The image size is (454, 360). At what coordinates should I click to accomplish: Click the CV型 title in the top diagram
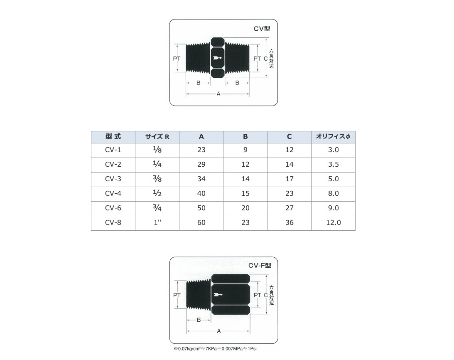click(262, 29)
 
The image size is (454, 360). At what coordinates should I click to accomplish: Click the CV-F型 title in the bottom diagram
click(260, 266)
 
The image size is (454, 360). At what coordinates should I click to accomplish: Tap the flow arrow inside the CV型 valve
click(217, 58)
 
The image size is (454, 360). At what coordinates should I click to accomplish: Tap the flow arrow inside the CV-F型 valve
click(218, 295)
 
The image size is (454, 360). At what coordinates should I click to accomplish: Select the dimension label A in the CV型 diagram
click(218, 94)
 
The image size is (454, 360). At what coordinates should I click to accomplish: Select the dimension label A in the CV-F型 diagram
click(218, 331)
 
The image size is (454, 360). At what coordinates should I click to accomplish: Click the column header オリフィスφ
click(333, 137)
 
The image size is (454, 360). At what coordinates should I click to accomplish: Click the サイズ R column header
click(157, 137)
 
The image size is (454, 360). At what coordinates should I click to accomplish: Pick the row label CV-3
click(113, 179)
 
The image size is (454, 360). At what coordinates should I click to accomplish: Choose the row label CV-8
click(113, 222)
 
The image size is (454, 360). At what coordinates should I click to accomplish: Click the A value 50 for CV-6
click(201, 208)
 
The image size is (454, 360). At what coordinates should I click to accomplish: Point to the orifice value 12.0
click(333, 222)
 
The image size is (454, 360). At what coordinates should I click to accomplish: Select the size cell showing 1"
click(157, 222)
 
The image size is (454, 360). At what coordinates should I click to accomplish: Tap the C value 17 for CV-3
click(289, 179)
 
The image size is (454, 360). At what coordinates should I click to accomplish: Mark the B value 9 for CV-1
click(245, 150)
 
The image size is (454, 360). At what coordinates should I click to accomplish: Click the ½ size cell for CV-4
click(157, 193)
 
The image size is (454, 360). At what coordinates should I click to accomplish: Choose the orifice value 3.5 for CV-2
click(333, 164)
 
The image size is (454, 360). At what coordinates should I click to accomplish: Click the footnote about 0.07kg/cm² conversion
click(215, 349)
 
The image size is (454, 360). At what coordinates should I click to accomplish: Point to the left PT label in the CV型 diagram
click(177, 59)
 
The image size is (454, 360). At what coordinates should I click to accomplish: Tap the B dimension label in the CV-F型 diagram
click(199, 320)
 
